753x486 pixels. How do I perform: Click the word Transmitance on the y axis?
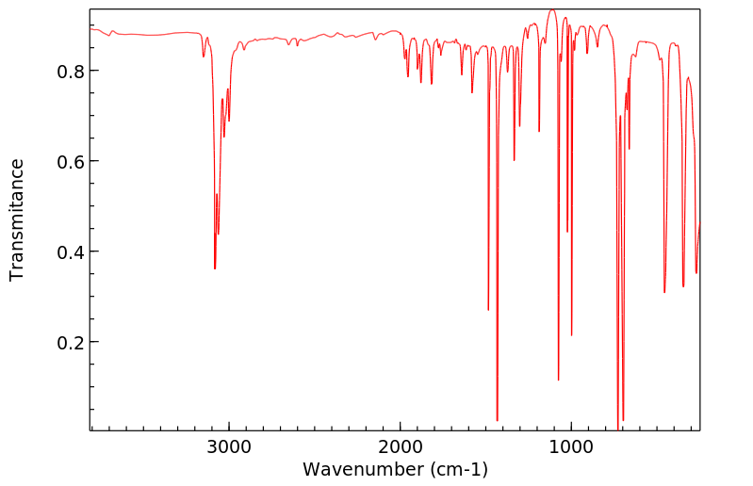point(17,219)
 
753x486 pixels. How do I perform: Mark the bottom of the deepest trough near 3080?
point(215,268)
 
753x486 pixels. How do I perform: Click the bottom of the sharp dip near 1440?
point(497,420)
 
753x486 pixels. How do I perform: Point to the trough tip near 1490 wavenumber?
point(488,310)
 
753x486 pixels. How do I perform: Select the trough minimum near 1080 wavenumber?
point(559,380)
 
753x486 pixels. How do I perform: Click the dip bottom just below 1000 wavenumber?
point(572,335)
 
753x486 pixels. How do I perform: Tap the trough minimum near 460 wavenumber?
point(664,292)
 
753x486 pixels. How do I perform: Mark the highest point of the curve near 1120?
point(551,10)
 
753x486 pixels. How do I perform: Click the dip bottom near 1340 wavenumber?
point(514,160)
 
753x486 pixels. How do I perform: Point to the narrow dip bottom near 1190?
point(539,132)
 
